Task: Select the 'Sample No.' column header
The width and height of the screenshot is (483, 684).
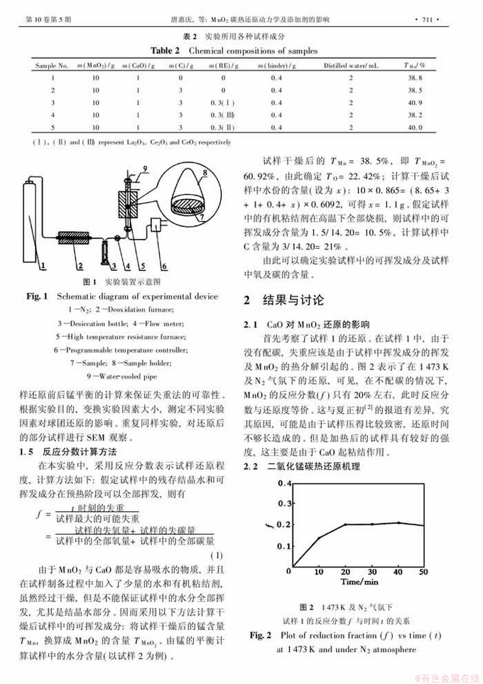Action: coord(52,65)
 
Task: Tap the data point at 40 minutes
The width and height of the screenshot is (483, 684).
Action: coord(398,523)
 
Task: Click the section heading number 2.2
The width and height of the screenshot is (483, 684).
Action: coord(251,466)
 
